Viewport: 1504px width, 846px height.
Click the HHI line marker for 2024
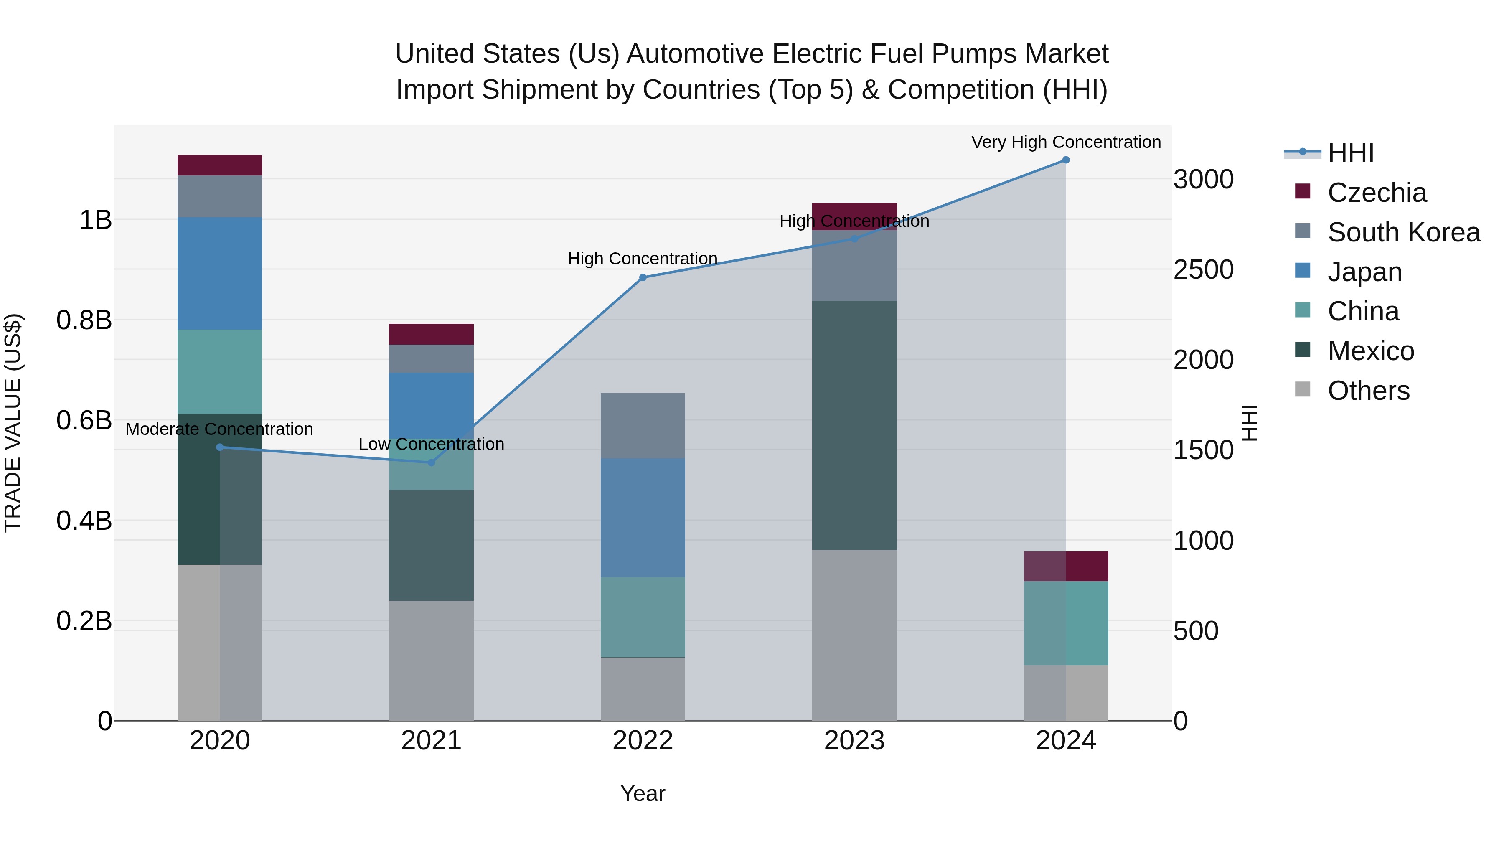click(1065, 160)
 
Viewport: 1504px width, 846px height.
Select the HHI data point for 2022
click(643, 278)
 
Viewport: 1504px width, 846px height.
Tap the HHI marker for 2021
click(432, 462)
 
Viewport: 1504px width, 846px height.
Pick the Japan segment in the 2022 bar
click(643, 518)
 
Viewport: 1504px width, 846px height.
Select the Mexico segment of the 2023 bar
click(854, 425)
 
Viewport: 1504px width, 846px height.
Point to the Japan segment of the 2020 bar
click(219, 273)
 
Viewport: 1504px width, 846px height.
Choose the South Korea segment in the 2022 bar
click(643, 426)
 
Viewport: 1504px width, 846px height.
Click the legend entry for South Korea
click(1404, 232)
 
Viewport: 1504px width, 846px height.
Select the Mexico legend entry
click(1370, 351)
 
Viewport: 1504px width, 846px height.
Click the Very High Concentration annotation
click(1065, 142)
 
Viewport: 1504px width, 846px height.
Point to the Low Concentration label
click(432, 445)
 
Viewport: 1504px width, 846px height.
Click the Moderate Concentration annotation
click(219, 429)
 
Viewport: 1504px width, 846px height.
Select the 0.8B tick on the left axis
click(84, 320)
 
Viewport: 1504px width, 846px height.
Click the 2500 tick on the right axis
click(1203, 270)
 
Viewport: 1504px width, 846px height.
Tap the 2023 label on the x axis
click(854, 741)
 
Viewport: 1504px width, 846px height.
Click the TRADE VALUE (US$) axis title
click(13, 423)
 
